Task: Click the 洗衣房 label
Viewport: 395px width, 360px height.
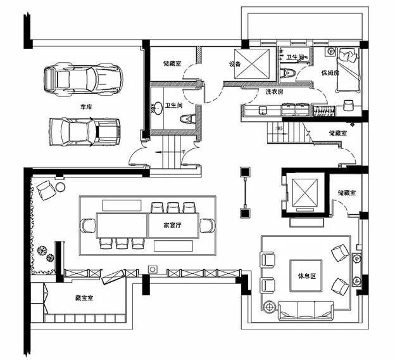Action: point(274,92)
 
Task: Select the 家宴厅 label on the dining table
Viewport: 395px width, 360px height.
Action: point(173,225)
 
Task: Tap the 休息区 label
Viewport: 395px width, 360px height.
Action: point(306,277)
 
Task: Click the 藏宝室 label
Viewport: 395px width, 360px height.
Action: point(84,297)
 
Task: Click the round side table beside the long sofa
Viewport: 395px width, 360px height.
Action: point(270,307)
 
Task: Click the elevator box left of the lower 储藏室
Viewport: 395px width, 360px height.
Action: point(303,191)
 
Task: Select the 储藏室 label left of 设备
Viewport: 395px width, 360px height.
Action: point(172,63)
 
